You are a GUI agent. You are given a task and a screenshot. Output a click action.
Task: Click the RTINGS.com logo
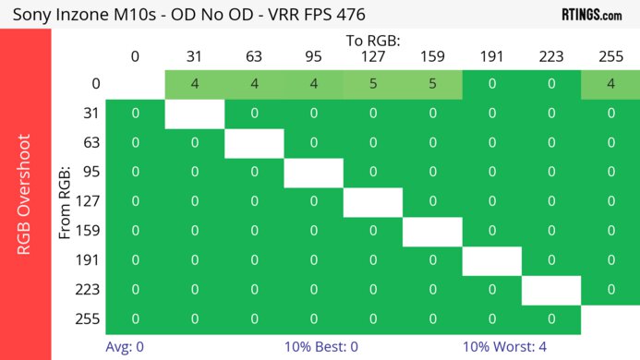(591, 14)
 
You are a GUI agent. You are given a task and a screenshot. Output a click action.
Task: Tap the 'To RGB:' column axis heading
(373, 41)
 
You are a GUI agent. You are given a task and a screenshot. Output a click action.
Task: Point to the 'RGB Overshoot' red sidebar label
(25, 194)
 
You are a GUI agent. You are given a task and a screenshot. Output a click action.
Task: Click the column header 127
(373, 57)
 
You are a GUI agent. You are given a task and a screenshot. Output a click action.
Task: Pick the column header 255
(610, 57)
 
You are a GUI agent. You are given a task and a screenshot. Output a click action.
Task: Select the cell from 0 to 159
(432, 84)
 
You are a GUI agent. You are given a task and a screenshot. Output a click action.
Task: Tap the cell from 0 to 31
(195, 84)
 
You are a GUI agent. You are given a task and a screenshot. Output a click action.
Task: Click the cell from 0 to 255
(610, 84)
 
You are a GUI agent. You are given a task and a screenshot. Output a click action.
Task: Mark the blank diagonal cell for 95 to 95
(313, 173)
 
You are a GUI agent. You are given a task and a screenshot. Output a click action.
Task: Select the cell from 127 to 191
(492, 202)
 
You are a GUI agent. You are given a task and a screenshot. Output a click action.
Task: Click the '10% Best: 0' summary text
(320, 347)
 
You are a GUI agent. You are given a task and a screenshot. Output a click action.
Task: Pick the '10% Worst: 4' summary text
(504, 347)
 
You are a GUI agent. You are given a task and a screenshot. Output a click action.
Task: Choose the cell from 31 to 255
(610, 114)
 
